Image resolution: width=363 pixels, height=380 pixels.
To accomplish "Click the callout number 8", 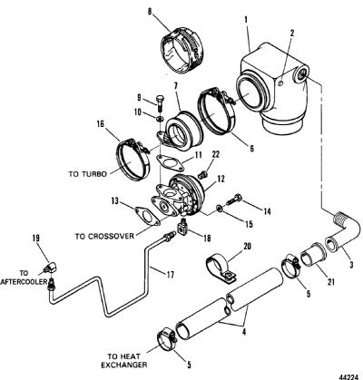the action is (150, 12).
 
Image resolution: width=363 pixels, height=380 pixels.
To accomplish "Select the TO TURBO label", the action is (88, 174).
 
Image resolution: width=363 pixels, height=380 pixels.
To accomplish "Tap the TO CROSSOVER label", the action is (104, 237).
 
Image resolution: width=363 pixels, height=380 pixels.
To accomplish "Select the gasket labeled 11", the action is (170, 161).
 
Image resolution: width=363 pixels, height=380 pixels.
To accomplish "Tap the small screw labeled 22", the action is (201, 174).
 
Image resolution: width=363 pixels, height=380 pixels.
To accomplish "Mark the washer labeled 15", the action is (218, 208).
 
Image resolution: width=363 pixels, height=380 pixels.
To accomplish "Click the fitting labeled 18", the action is (182, 226).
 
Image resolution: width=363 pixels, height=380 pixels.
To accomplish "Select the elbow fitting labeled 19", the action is (50, 267).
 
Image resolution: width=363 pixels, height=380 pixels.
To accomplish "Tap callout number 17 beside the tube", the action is (171, 275).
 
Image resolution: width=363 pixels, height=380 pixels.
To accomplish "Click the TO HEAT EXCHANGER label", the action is (123, 360).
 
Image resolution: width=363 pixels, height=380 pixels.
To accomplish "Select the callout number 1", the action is (246, 20).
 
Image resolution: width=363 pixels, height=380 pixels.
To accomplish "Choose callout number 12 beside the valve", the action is (221, 179).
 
